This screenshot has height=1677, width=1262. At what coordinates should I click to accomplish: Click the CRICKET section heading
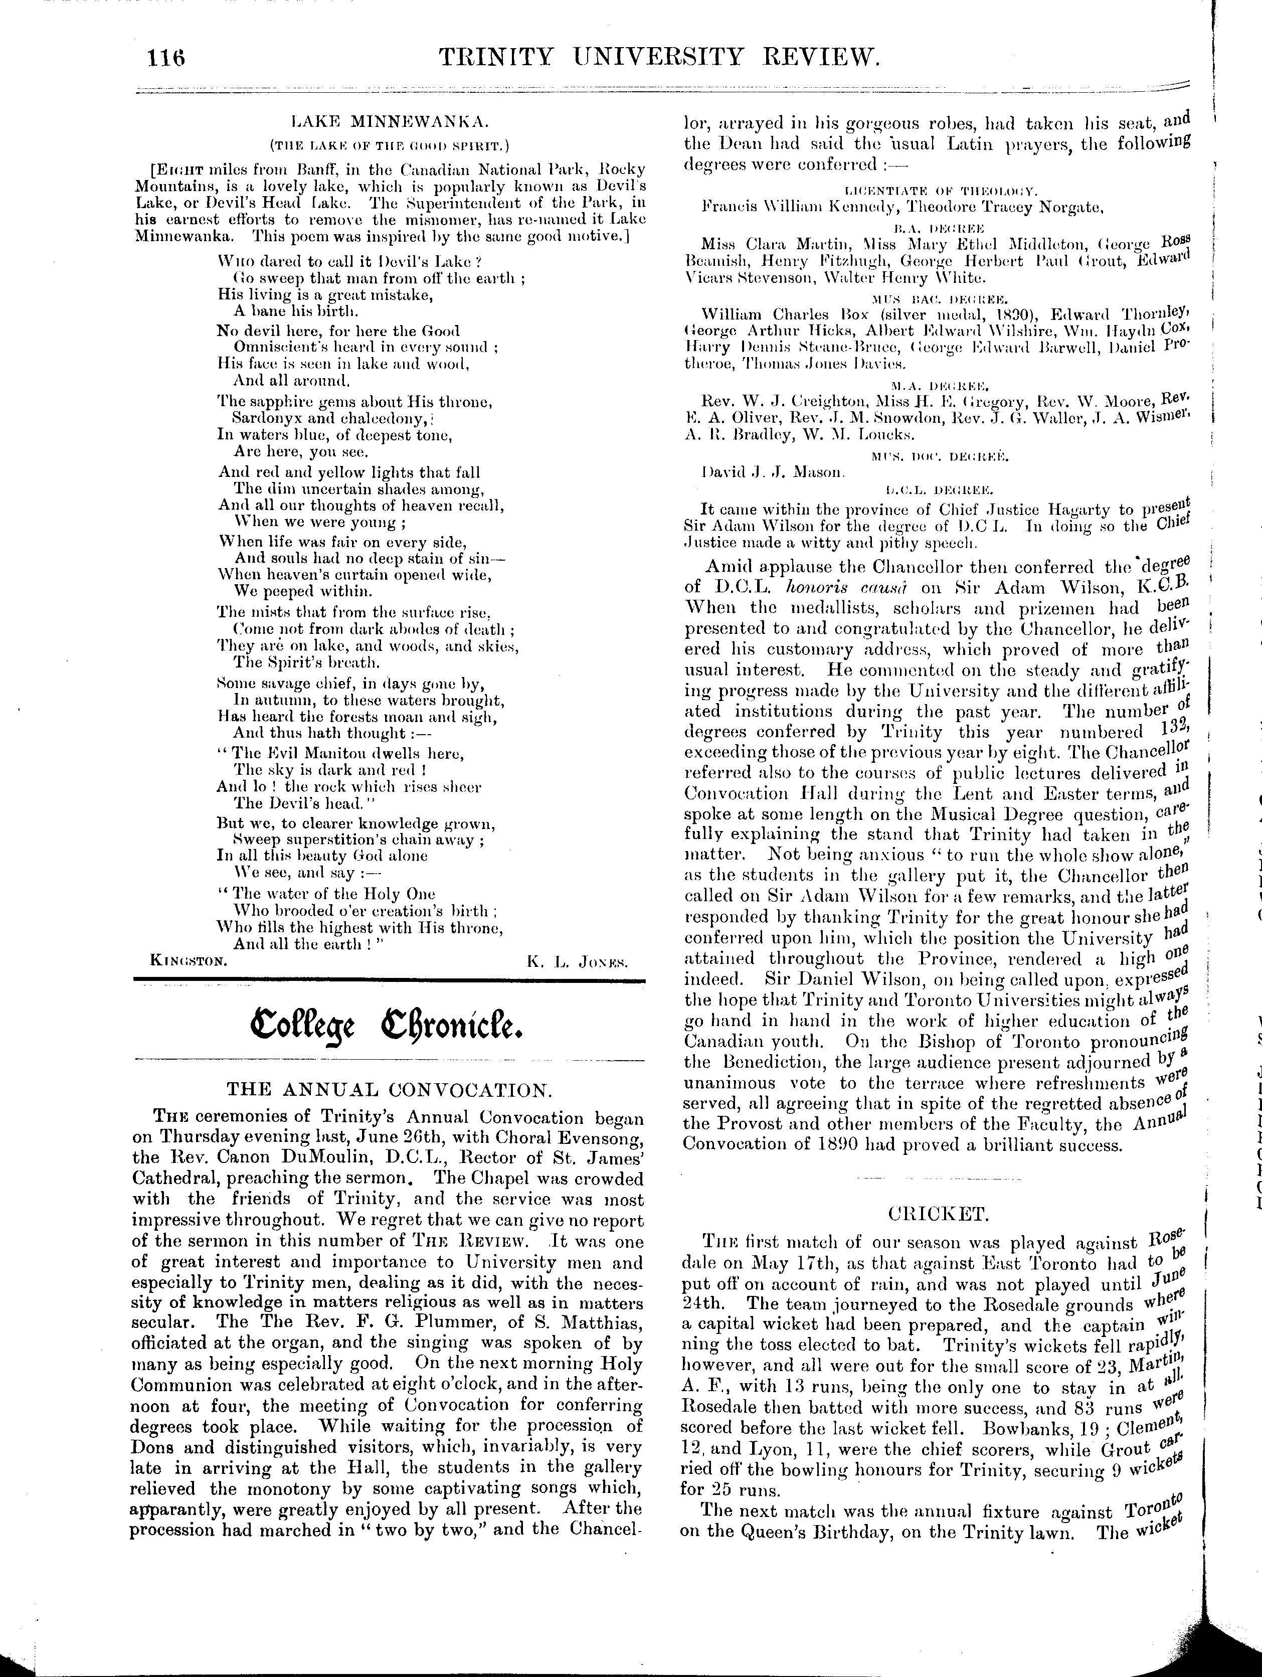(938, 1214)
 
